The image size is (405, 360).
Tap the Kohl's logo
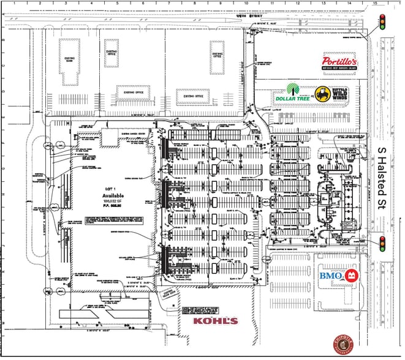click(x=215, y=321)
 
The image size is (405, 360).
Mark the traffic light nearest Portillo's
click(x=383, y=23)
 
